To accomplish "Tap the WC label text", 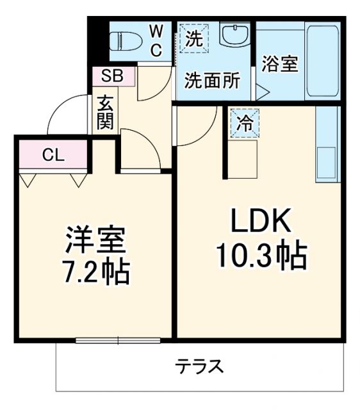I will tap(156, 40).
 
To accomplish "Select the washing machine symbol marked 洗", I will tap(193, 38).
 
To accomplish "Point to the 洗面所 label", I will tap(212, 81).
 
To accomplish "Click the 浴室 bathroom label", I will tap(280, 64).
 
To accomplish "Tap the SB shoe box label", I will tap(113, 76).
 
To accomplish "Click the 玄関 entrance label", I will tap(106, 112).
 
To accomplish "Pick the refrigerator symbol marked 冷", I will tap(245, 123).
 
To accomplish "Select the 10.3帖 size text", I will tap(261, 256).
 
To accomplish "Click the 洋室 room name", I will tap(96, 241).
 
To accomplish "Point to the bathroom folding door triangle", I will tap(262, 92).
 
